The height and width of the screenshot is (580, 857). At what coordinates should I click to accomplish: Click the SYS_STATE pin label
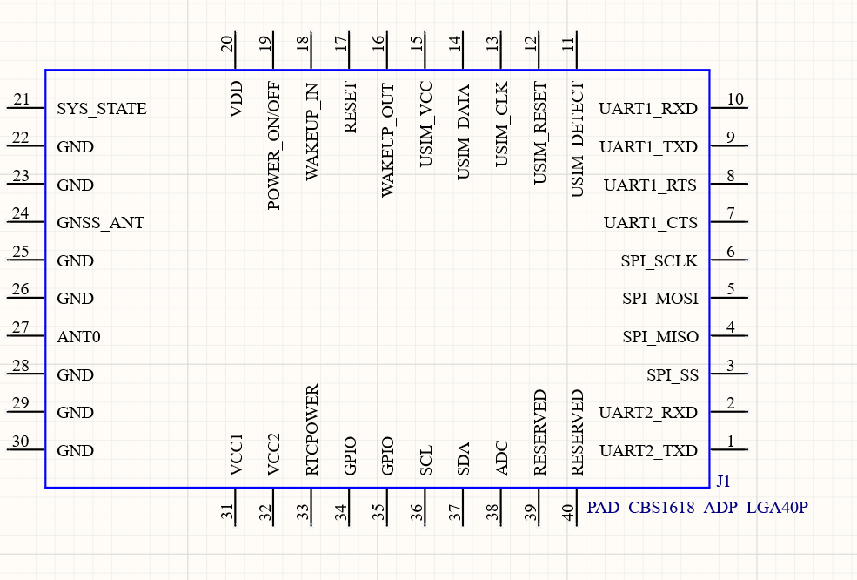(101, 110)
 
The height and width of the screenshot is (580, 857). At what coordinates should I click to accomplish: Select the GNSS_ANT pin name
(100, 224)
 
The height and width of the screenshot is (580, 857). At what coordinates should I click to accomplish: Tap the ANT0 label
(78, 337)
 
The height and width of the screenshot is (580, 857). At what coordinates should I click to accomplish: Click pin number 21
(22, 100)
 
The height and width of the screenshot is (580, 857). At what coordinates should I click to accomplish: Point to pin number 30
(21, 442)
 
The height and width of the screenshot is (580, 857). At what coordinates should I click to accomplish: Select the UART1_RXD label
(648, 110)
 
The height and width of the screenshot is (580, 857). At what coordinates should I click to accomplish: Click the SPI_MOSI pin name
(660, 299)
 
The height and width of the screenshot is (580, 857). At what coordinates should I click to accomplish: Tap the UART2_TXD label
(648, 451)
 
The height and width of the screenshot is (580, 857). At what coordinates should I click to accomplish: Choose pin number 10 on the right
(735, 99)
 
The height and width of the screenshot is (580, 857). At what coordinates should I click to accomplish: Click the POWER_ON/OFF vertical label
(274, 146)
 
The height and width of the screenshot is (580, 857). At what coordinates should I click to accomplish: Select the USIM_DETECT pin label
(578, 140)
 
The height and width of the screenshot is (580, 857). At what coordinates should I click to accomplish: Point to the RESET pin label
(351, 108)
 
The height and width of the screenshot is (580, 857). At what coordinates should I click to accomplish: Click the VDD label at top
(236, 100)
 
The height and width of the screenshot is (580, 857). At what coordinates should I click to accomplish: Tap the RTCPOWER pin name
(312, 429)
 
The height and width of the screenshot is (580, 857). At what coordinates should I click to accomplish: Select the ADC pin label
(502, 457)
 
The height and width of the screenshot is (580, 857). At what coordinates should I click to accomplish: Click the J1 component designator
(723, 482)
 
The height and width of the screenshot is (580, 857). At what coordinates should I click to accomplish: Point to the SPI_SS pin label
(672, 375)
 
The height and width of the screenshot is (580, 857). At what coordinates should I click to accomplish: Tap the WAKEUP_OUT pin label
(388, 140)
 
